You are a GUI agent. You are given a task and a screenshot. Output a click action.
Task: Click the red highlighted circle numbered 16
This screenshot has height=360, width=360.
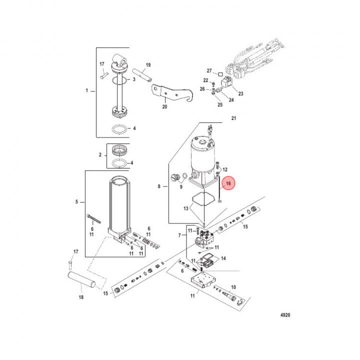(228, 184)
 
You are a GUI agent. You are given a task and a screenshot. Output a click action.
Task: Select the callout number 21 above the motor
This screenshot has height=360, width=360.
(232, 118)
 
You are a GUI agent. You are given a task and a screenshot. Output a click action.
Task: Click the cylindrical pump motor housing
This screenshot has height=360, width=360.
(202, 155)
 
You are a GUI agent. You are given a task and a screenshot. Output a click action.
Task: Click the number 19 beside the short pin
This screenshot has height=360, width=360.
(148, 65)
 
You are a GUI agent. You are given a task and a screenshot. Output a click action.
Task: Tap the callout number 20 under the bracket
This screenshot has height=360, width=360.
(164, 106)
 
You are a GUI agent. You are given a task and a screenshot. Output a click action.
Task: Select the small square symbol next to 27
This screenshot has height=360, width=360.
(220, 73)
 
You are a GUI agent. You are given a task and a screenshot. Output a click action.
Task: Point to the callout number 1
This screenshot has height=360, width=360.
(86, 90)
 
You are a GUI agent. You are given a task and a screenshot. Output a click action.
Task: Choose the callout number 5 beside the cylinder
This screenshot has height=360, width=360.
(77, 202)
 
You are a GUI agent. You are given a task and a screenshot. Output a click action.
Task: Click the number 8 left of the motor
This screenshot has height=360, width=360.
(159, 186)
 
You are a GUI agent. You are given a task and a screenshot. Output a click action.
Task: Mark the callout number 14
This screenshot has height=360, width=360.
(223, 258)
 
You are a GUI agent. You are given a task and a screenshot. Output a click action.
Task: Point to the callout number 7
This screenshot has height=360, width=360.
(180, 234)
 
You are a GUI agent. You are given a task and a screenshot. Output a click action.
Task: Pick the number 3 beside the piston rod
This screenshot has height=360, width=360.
(134, 79)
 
